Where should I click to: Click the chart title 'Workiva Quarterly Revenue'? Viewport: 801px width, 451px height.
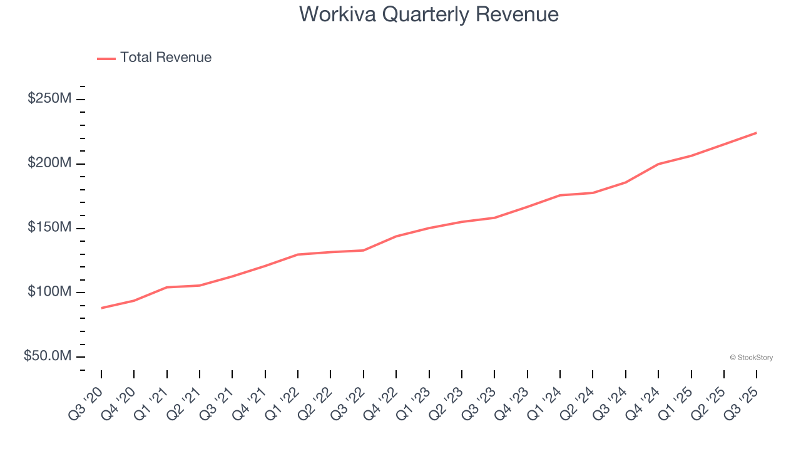coord(429,14)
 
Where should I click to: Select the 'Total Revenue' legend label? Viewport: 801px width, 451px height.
coord(166,58)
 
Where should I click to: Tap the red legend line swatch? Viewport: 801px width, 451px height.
coord(106,58)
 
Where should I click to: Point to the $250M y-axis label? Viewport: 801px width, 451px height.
coord(49,99)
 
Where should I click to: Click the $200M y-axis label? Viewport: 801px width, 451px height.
coord(49,163)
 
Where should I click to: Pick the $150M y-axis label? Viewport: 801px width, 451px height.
coord(49,227)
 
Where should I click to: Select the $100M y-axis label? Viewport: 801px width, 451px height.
coord(49,292)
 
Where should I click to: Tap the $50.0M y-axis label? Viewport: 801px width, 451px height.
coord(48,356)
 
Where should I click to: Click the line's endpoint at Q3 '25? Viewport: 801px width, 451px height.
coord(757,133)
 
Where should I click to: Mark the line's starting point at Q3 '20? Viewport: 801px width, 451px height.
coord(101,308)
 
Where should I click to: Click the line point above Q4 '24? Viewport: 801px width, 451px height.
coord(658,164)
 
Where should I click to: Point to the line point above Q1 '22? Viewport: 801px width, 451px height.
coord(298,254)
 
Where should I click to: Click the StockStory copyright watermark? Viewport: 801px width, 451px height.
coord(751,358)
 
